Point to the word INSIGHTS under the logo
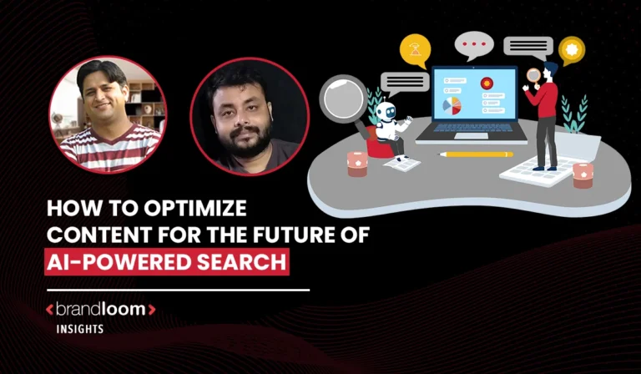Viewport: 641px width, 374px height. coord(80,329)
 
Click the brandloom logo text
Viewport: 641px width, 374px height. coord(100,310)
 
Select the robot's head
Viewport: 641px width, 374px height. coord(386,111)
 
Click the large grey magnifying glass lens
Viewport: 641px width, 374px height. coord(342,97)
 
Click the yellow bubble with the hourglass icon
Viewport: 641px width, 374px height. coord(415,49)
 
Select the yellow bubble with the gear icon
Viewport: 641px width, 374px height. coord(571,48)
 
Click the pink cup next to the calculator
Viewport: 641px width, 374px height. coord(583,174)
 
